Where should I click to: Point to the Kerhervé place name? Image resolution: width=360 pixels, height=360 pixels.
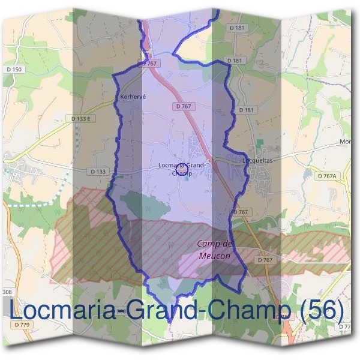tap(133, 96)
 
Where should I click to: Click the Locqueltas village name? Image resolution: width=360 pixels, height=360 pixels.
tap(257, 161)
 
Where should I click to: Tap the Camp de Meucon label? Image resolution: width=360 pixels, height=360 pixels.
tap(215, 250)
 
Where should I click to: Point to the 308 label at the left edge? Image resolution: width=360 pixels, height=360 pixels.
tap(7, 292)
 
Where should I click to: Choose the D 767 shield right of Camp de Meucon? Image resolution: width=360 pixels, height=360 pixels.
tap(266, 260)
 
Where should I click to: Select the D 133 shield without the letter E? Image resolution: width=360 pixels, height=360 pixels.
tap(98, 172)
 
